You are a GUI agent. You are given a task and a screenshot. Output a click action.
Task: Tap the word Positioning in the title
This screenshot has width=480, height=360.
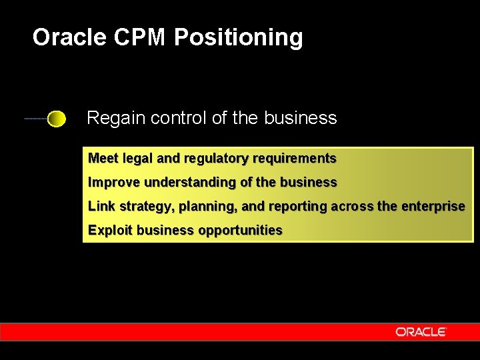(x=238, y=38)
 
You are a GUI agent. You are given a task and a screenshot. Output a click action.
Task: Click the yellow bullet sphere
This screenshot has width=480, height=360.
(x=57, y=119)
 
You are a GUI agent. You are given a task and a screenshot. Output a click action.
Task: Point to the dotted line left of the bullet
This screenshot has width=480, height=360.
(x=36, y=119)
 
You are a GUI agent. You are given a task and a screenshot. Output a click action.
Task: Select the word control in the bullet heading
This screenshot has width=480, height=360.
(x=179, y=118)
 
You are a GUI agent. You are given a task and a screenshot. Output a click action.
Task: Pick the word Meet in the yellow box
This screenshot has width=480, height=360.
(x=103, y=159)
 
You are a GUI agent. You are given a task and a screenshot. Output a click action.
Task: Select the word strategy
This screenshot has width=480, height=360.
(x=145, y=207)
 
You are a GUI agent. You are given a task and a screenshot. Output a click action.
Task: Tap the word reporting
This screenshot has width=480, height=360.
(x=298, y=207)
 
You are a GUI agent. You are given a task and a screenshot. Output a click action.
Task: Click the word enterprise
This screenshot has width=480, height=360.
(x=433, y=207)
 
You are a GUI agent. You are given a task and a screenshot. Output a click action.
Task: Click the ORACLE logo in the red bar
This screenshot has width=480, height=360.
(x=420, y=331)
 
